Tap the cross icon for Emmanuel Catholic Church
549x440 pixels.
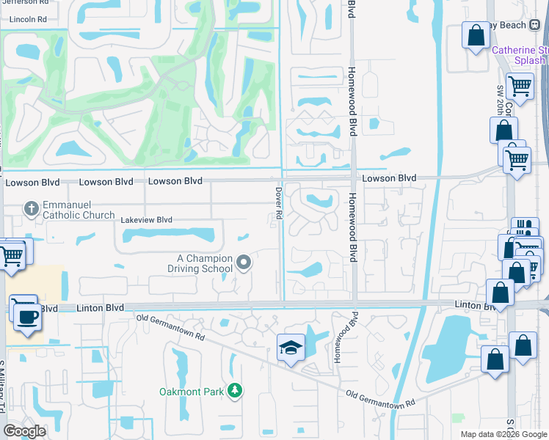(x=32, y=209)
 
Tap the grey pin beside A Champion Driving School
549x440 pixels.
(x=244, y=262)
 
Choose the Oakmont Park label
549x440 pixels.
(x=191, y=392)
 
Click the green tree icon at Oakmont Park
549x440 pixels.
(x=235, y=391)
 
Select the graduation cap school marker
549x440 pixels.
(x=291, y=348)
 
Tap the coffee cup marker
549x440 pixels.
(x=28, y=317)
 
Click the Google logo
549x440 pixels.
(x=24, y=430)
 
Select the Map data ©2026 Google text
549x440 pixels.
(x=504, y=434)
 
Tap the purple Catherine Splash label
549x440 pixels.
(x=520, y=55)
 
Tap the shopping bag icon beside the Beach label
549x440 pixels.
(x=476, y=35)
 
